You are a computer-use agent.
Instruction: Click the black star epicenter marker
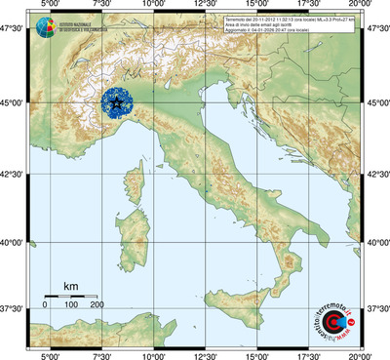pos(117,100)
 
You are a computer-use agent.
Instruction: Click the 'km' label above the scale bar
pos(70,286)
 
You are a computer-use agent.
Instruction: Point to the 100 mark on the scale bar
pos(71,304)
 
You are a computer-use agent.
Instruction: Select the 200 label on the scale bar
pos(97,304)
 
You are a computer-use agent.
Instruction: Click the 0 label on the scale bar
pos(45,304)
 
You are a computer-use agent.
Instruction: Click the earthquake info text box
pos(302,25)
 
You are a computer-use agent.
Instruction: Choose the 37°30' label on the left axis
pos(14,309)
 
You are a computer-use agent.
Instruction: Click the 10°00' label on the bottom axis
pos(153,354)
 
